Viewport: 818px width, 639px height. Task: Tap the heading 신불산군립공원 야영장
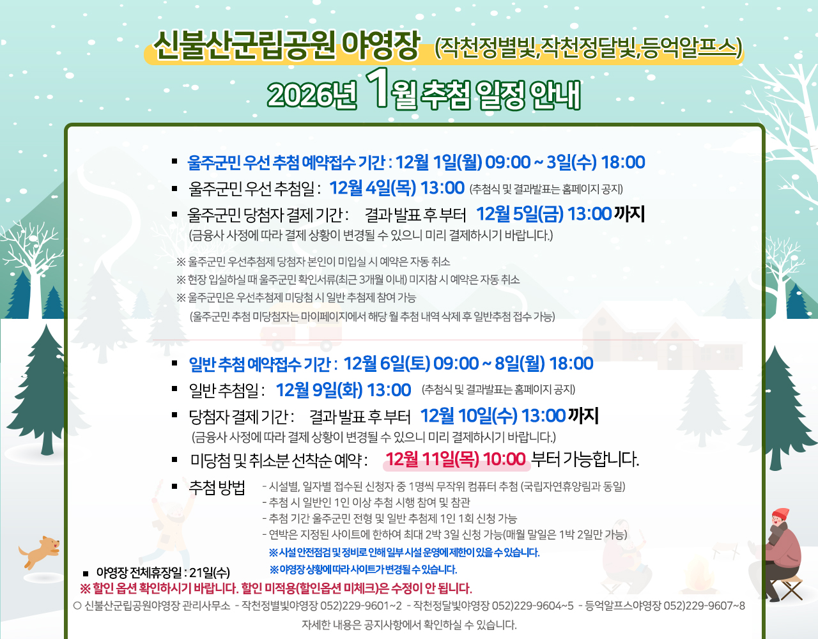click(286, 45)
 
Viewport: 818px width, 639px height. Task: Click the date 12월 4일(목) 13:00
click(397, 188)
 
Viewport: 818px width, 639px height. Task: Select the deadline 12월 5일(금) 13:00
click(544, 214)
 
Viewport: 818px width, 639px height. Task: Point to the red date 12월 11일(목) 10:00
click(455, 459)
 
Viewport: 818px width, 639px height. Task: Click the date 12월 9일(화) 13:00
click(343, 390)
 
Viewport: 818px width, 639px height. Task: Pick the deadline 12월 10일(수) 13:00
click(493, 416)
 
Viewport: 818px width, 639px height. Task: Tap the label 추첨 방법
click(217, 488)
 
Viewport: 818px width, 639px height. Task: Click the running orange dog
click(40, 551)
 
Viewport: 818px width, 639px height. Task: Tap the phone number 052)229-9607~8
click(704, 606)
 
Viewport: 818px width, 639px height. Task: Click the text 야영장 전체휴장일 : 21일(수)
click(163, 573)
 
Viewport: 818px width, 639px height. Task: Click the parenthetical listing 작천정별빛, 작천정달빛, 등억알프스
click(589, 48)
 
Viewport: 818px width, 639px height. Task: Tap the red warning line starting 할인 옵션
click(276, 589)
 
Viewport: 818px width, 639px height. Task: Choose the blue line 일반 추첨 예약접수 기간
click(391, 364)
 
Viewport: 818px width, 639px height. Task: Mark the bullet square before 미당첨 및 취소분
click(174, 459)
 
